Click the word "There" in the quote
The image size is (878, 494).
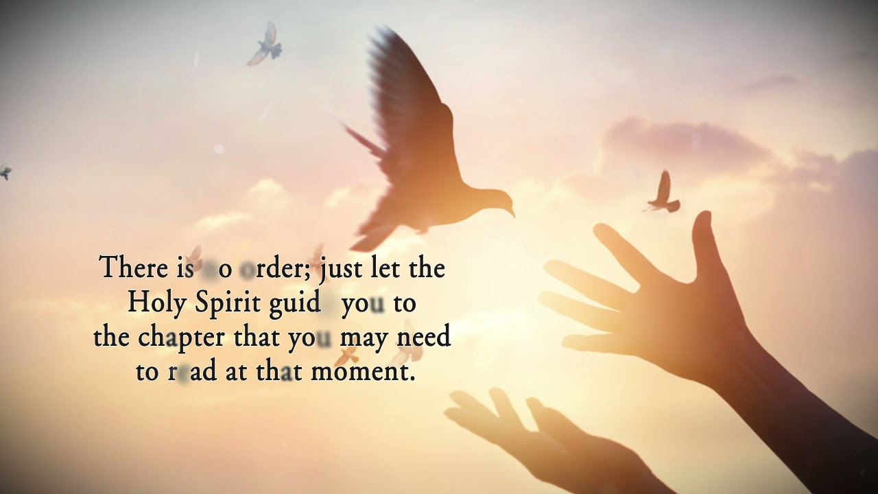(131, 268)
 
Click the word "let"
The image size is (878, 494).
(385, 268)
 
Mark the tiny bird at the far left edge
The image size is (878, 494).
(5, 172)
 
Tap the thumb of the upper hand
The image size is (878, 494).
(702, 240)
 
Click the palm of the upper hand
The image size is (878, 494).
(679, 322)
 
